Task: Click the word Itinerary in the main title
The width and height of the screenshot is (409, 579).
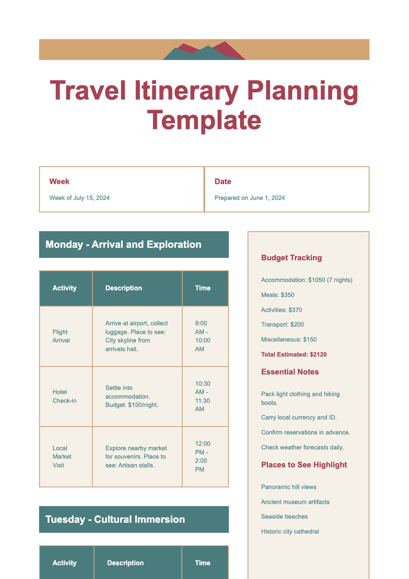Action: click(186, 90)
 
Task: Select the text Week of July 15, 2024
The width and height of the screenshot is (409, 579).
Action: click(79, 198)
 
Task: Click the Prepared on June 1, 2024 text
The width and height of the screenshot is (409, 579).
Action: click(249, 198)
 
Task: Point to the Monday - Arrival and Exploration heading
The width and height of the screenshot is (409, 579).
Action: click(123, 245)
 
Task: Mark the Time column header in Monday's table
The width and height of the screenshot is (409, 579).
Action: click(202, 288)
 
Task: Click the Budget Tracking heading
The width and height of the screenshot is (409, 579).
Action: click(291, 258)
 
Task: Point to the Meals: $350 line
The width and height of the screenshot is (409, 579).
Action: click(277, 295)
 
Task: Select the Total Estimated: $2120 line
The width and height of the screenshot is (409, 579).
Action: click(294, 354)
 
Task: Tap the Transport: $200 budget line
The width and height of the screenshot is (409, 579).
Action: click(282, 324)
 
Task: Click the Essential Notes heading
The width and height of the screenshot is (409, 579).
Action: click(290, 372)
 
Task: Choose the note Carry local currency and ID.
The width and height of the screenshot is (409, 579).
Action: click(299, 417)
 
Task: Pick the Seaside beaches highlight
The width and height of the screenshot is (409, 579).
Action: click(284, 517)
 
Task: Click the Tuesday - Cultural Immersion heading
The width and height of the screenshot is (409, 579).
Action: click(115, 519)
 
